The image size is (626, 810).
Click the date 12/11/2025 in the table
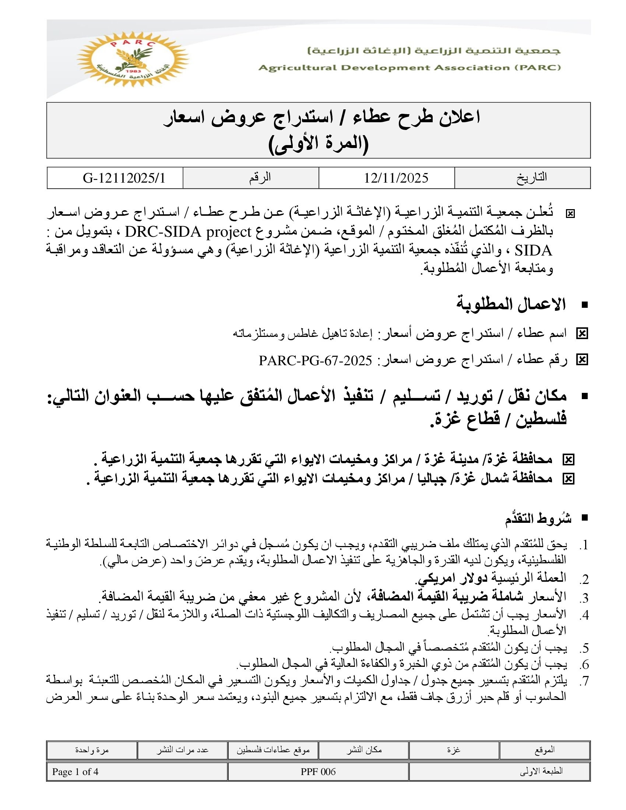tap(396, 178)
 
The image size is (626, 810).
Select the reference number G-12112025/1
tap(124, 178)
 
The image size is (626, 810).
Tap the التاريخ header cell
tap(531, 177)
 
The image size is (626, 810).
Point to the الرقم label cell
tap(260, 177)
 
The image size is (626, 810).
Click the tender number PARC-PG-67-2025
tap(315, 360)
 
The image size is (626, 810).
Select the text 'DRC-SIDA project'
tap(189, 233)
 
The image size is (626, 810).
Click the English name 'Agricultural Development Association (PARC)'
tap(409, 68)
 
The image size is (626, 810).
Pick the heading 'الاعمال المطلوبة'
tap(511, 304)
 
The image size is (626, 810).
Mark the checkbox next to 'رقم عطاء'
tap(582, 360)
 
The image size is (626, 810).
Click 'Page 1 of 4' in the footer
tap(75, 772)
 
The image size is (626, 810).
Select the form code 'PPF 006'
tap(318, 772)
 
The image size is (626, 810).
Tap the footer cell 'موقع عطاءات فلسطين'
tap(273, 750)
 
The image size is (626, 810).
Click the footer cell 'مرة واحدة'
tap(92, 750)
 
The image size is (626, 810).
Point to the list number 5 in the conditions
tap(585, 648)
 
